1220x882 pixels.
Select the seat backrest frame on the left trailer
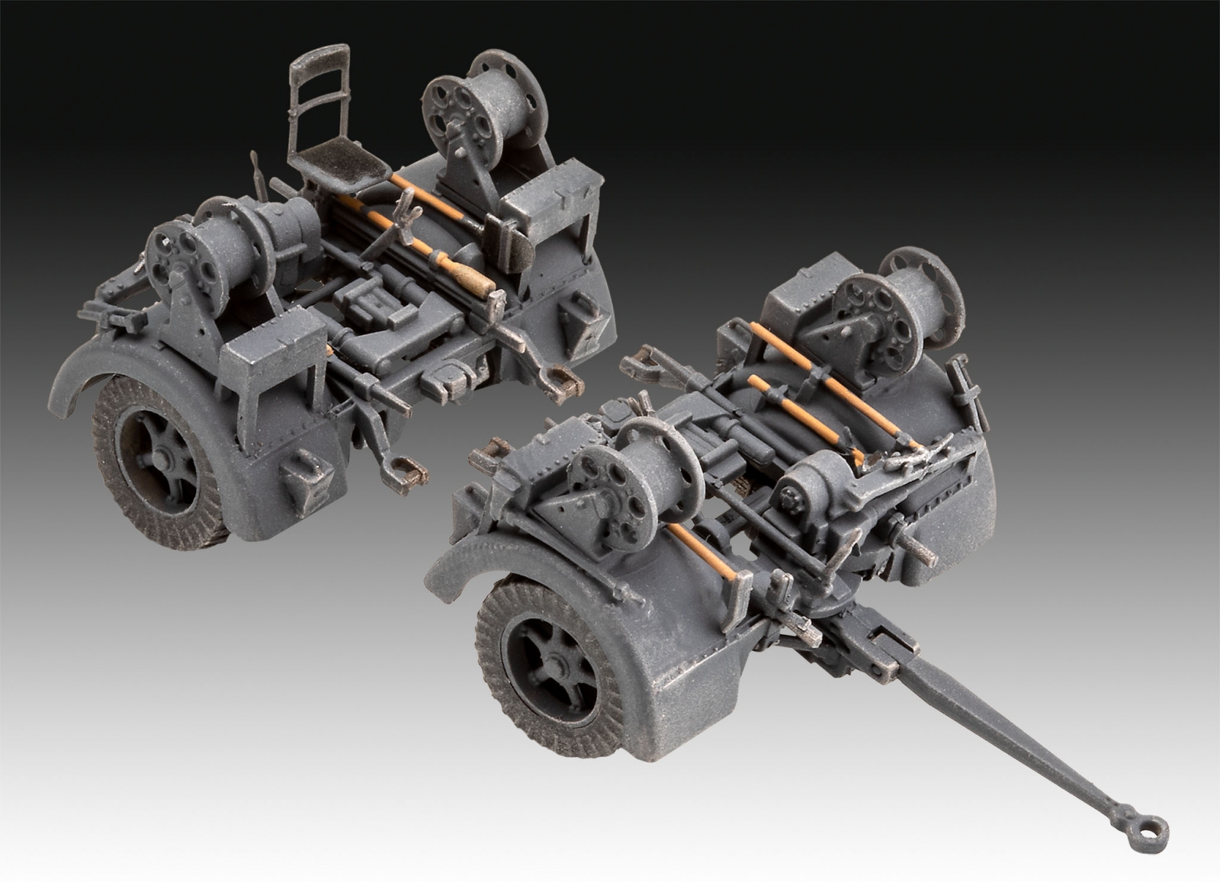point(319,91)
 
